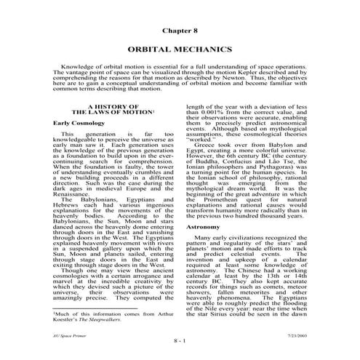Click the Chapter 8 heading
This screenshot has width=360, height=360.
[x=180, y=33]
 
